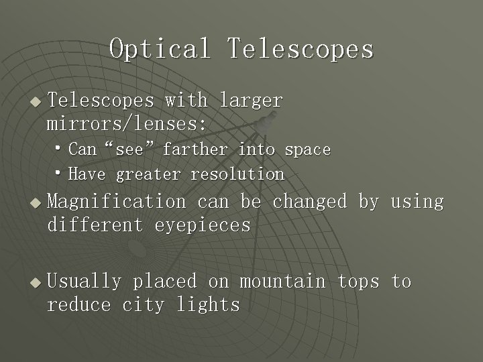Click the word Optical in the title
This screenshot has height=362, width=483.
[160, 49]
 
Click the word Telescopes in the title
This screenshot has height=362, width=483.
[300, 49]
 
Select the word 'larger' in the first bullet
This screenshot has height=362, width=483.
[252, 101]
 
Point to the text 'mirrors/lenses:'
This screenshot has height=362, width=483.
[127, 124]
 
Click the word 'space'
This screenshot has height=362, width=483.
[308, 149]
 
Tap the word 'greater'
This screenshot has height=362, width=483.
[148, 175]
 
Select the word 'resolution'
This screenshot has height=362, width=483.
[237, 175]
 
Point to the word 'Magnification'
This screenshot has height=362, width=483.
[117, 201]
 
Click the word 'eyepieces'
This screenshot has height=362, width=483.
[203, 225]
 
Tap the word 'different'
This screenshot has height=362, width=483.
[95, 225]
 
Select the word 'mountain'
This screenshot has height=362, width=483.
[282, 282]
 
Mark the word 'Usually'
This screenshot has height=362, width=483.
[85, 282]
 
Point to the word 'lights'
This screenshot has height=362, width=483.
[208, 305]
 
